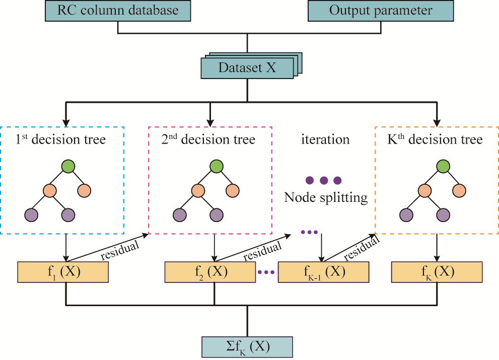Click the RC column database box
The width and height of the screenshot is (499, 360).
[117, 11]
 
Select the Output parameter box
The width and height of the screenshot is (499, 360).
[381, 11]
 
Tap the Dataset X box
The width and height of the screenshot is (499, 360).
[247, 68]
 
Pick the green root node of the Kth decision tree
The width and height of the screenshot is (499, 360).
[443, 166]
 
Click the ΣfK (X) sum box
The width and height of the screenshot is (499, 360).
[247, 347]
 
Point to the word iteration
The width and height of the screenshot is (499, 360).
[325, 139]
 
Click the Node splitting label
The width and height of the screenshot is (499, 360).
[326, 197]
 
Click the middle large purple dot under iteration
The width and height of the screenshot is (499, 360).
[324, 180]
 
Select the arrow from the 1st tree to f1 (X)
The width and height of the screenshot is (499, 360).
[66, 248]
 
